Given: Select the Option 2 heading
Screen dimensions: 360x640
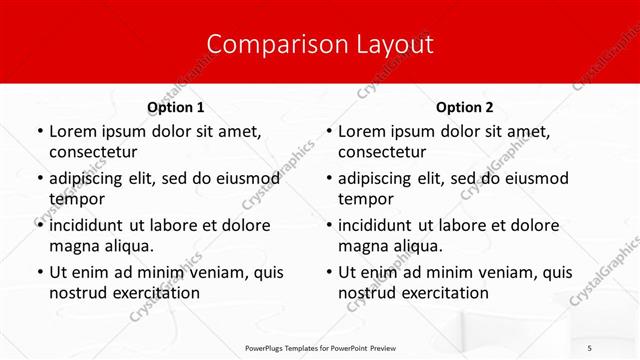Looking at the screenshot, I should (464, 107).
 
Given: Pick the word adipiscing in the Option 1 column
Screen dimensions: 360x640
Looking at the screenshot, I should (88, 179).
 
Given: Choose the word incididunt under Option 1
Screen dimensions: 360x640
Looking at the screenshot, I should (91, 226).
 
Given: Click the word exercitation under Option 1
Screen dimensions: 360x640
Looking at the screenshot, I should (153, 293).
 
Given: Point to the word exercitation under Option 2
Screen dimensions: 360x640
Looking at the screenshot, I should (442, 293).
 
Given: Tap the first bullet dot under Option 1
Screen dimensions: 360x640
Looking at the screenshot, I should (39, 132).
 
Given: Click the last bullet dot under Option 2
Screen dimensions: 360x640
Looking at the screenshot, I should (328, 273).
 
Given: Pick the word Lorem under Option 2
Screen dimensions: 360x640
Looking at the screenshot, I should (362, 132).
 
